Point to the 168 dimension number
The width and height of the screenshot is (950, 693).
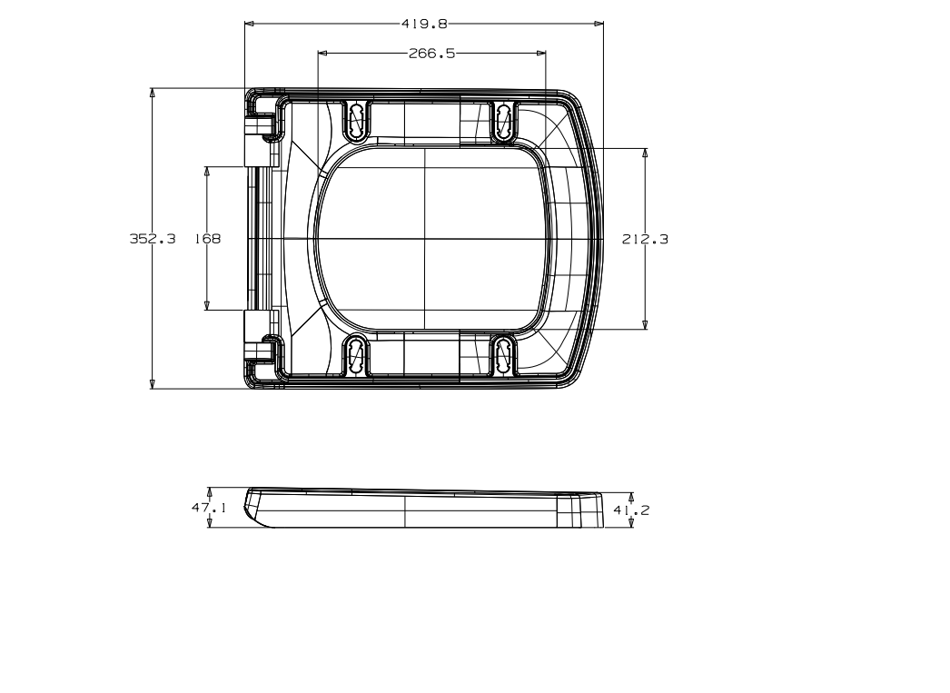207,239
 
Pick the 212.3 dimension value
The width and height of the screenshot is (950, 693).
645,239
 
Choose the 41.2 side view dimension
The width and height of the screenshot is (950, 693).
631,510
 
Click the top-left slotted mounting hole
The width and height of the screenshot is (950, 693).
357,120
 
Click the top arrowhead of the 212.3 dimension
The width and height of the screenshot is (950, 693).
645,153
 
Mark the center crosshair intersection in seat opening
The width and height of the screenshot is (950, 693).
425,239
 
